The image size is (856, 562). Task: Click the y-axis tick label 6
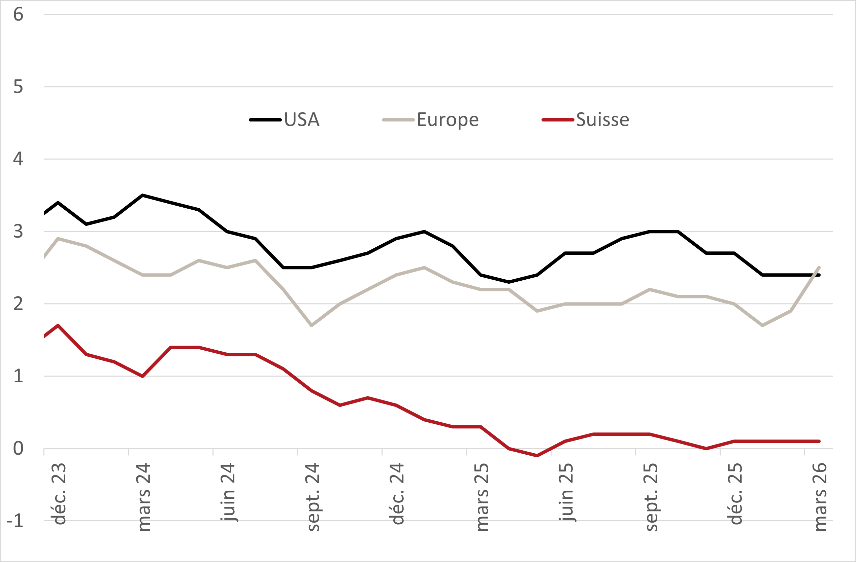18,15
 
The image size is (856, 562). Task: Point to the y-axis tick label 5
18,87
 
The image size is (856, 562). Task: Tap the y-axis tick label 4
18,159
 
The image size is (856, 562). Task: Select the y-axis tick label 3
18,232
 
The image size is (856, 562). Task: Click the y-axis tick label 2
18,304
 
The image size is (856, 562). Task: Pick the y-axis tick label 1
18,376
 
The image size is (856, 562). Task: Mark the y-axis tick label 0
18,449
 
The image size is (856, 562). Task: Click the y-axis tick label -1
15,521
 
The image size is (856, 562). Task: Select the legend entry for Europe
448,120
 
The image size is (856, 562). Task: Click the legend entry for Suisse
602,120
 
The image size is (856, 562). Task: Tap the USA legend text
302,120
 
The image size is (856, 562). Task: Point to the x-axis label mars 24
144,498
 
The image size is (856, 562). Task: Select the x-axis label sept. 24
313,498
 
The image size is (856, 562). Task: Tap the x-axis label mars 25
482,498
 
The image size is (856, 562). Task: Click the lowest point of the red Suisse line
537,456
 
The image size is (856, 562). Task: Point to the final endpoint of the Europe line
819,267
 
